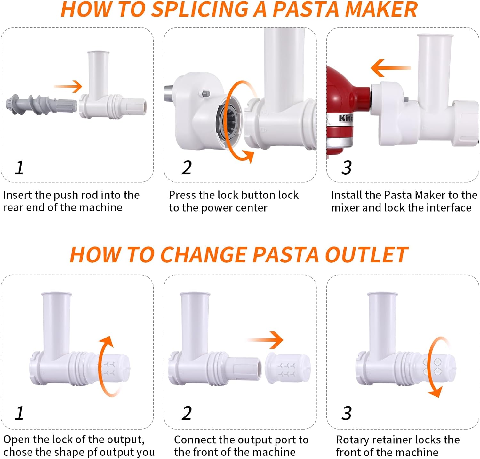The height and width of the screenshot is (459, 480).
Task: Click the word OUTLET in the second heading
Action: [x=366, y=255]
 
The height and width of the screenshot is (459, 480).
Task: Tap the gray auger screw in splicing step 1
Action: [x=42, y=104]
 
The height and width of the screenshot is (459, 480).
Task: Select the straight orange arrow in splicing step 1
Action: [x=68, y=86]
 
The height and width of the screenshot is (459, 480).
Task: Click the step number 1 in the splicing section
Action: [x=20, y=167]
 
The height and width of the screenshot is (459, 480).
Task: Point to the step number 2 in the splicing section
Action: [x=186, y=167]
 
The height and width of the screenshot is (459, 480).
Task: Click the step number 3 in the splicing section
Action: [x=347, y=167]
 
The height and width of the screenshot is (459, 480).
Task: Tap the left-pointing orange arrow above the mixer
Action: [x=391, y=68]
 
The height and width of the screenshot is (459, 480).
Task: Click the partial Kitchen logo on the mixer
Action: [x=346, y=118]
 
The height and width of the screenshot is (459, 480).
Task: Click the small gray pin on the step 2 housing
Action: [x=206, y=94]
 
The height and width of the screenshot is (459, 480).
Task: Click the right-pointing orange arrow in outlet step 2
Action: [x=265, y=340]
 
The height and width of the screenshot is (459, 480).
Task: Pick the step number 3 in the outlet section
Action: [x=347, y=413]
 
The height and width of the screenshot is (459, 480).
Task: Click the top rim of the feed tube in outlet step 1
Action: [x=57, y=294]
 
